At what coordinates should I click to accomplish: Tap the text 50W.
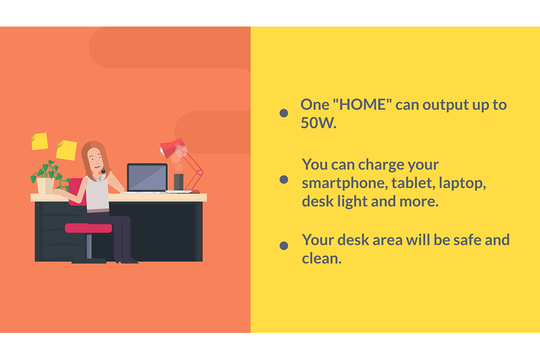tap(319, 123)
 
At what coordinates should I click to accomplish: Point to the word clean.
tap(322, 258)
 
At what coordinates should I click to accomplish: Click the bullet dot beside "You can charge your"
tap(284, 180)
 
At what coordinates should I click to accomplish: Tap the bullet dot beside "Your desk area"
tap(284, 246)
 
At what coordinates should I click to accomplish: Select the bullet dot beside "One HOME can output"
tap(284, 113)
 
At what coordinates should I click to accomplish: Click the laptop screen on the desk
tap(147, 177)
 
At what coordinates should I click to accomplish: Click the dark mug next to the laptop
tap(179, 182)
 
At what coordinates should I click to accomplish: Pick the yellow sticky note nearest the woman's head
tap(66, 150)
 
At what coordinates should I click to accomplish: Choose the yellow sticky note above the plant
tap(39, 141)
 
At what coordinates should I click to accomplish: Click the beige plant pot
tap(45, 186)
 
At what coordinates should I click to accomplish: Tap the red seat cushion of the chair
tap(89, 228)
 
